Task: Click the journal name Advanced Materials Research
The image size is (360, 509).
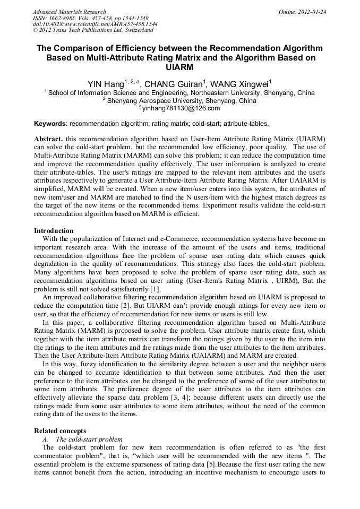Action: (69, 12)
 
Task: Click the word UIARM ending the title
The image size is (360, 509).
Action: (179, 67)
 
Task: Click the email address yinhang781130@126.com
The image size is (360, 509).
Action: (181, 108)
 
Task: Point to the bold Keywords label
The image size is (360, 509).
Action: (50, 124)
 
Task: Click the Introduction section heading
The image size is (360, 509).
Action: (54, 231)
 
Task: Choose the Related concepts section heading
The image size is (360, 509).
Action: (60, 430)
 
